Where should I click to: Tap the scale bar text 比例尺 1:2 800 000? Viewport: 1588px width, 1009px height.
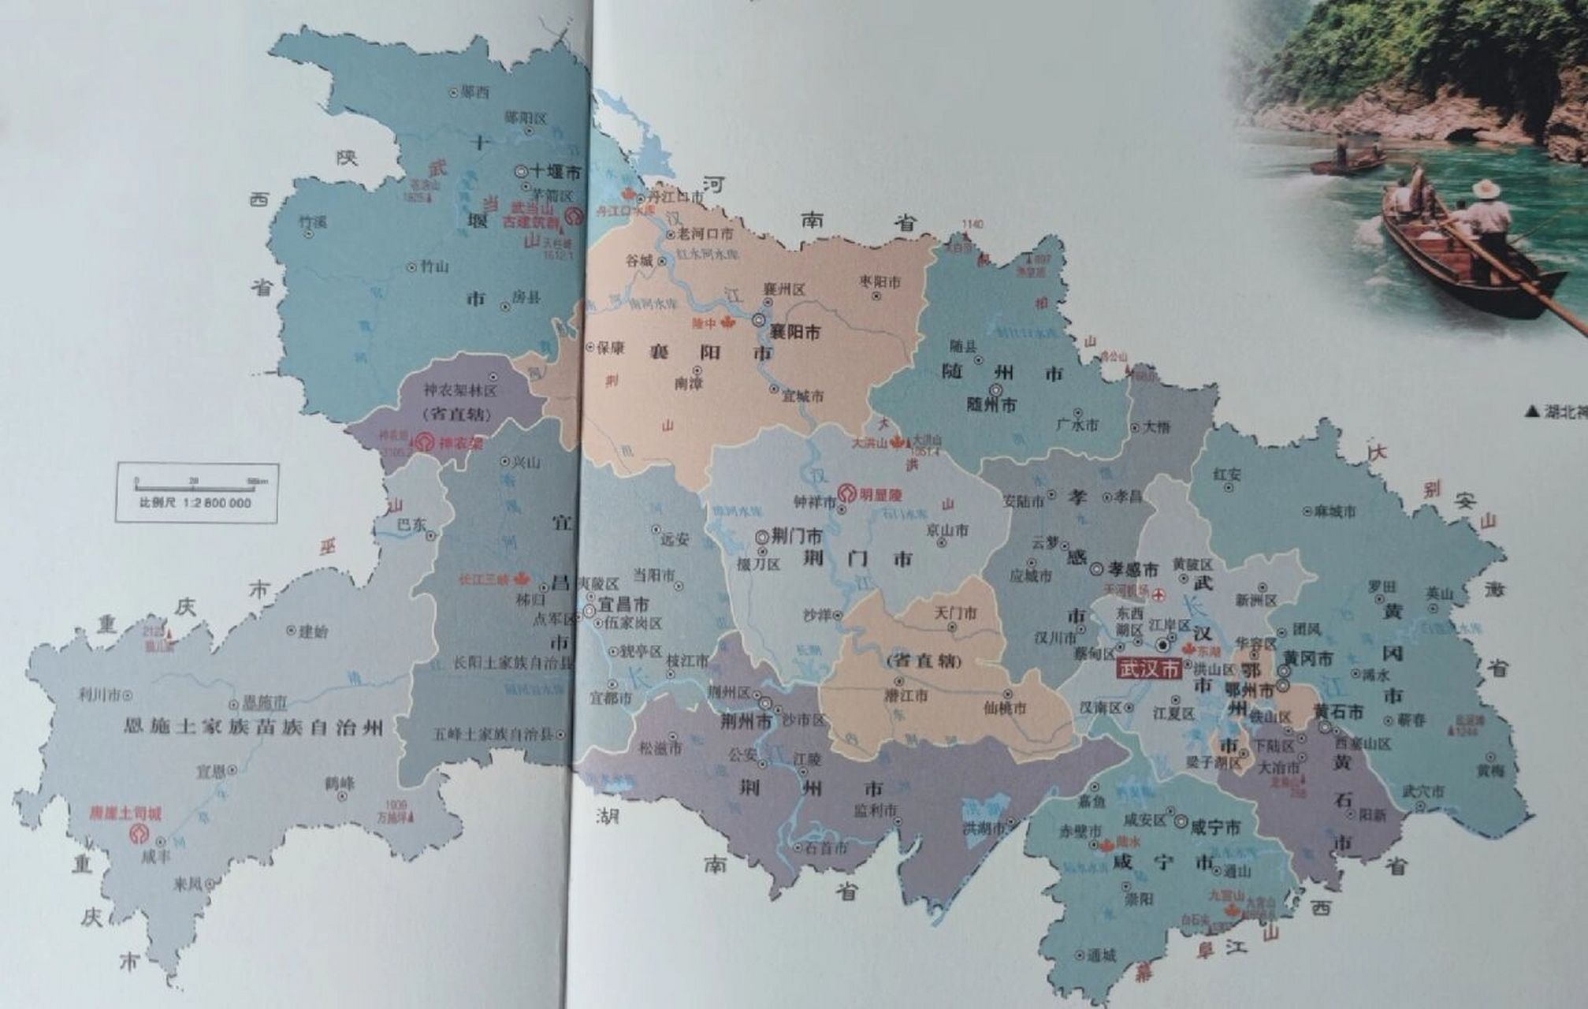tap(195, 503)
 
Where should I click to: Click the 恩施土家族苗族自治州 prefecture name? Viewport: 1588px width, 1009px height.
tap(253, 726)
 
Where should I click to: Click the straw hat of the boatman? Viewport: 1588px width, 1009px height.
tap(1486, 189)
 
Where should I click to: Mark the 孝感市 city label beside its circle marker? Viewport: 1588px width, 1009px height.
tap(1133, 569)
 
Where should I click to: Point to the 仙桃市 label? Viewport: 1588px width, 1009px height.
tap(1006, 708)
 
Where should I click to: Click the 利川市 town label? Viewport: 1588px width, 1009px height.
tap(99, 694)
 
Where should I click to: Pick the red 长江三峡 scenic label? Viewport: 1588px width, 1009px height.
tap(485, 579)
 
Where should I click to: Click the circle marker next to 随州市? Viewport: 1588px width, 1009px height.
tap(996, 390)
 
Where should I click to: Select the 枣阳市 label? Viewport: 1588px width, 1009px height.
tap(880, 281)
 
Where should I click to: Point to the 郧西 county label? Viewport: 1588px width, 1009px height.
tap(475, 92)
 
